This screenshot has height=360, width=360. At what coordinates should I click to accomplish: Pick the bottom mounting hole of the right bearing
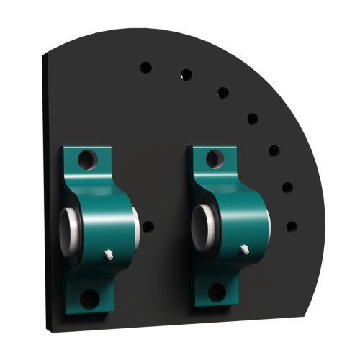click(216, 291)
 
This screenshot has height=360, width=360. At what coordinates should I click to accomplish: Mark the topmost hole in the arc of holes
click(145, 67)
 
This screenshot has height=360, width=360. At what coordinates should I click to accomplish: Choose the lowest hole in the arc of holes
click(292, 226)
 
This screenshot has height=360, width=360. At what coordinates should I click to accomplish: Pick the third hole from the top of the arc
click(223, 91)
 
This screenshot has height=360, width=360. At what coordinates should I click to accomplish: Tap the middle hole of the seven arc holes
click(253, 118)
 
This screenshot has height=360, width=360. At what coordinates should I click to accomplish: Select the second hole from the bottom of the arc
click(287, 187)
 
